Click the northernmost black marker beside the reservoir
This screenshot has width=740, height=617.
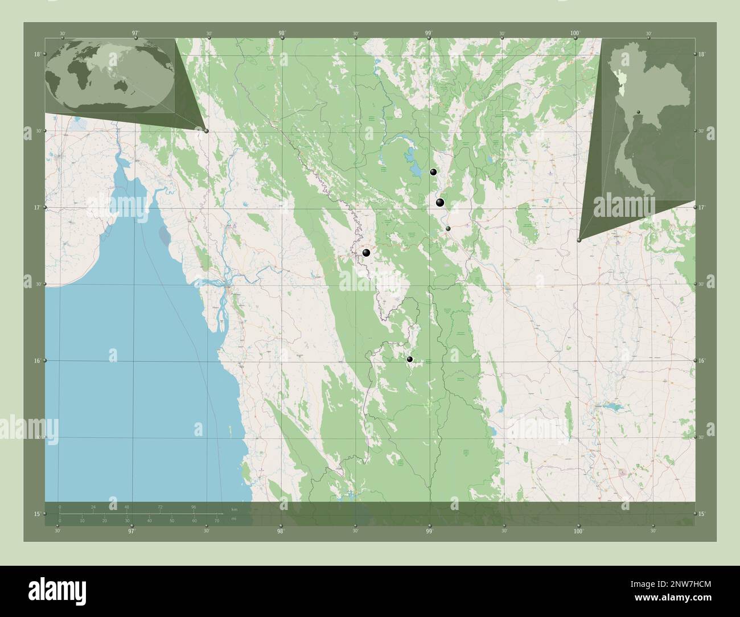[433, 172]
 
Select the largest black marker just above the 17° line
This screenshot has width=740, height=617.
[439, 203]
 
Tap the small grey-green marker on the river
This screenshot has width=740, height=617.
[449, 228]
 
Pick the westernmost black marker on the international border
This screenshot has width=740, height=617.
[367, 253]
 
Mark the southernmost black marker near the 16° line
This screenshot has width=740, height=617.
[410, 359]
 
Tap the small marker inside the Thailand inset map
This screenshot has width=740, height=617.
[639, 112]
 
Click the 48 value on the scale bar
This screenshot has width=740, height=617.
[127, 507]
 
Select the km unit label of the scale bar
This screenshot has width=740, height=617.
[234, 509]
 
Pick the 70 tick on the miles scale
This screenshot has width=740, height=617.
[217, 521]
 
